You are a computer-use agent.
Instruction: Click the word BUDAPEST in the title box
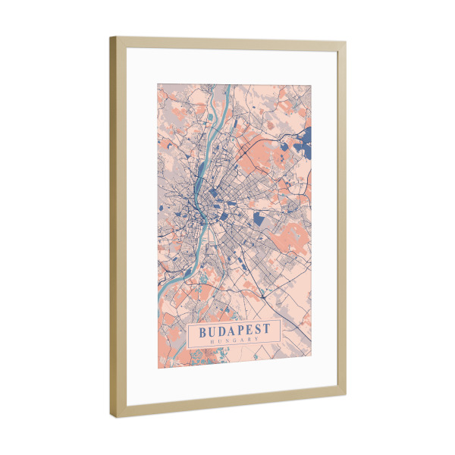point(234,331)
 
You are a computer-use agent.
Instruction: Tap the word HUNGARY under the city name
point(234,342)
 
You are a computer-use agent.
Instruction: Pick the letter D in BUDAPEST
point(220,331)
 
